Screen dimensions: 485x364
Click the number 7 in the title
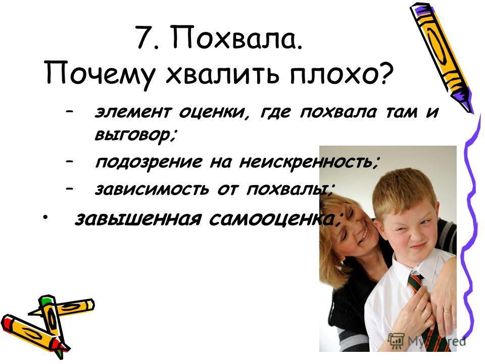(144, 37)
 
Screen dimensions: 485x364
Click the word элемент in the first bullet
(132, 112)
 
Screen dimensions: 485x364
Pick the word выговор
(135, 135)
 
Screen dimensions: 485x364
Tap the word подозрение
(149, 162)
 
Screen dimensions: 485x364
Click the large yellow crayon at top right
(443, 56)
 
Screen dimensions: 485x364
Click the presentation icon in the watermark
(396, 340)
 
